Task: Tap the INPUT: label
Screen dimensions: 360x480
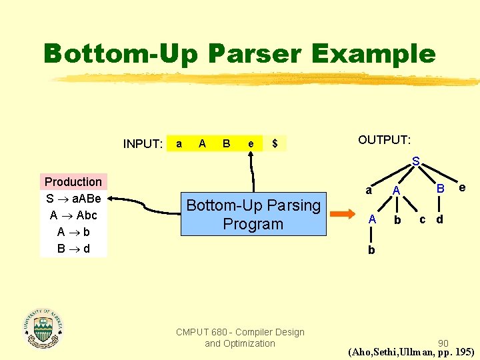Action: (143, 144)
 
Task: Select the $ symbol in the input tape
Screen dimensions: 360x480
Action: (275, 143)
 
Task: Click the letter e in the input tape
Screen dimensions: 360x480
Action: (251, 143)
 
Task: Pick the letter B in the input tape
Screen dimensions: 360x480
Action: (227, 143)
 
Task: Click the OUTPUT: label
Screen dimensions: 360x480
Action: (384, 139)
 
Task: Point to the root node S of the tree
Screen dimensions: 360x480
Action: (416, 161)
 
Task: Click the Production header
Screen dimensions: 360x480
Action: (73, 182)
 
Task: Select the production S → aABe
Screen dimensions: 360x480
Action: (73, 199)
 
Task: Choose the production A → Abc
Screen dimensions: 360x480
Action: (73, 215)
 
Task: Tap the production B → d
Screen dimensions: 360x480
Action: (73, 249)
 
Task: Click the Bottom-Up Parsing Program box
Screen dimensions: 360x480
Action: (253, 215)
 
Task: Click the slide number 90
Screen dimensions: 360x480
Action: (443, 343)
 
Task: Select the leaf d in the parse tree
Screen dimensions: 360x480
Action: (439, 219)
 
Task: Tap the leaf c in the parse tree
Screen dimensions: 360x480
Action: (422, 219)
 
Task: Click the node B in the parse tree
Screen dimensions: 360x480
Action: (441, 189)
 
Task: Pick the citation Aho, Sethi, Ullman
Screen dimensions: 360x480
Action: (411, 352)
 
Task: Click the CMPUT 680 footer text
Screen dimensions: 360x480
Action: (240, 337)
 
